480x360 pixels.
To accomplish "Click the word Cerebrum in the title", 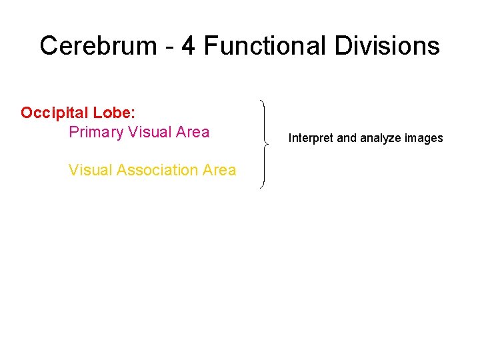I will point(97,46).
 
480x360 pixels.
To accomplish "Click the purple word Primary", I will point(96,133).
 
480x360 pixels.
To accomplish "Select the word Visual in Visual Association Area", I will point(90,170).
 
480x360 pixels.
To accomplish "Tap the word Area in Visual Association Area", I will point(219,170).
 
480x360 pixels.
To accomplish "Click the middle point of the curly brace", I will point(267,143).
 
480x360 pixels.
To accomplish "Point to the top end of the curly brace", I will point(261,101).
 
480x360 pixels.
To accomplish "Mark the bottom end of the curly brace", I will point(261,187).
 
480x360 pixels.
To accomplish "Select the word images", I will point(424,139).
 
